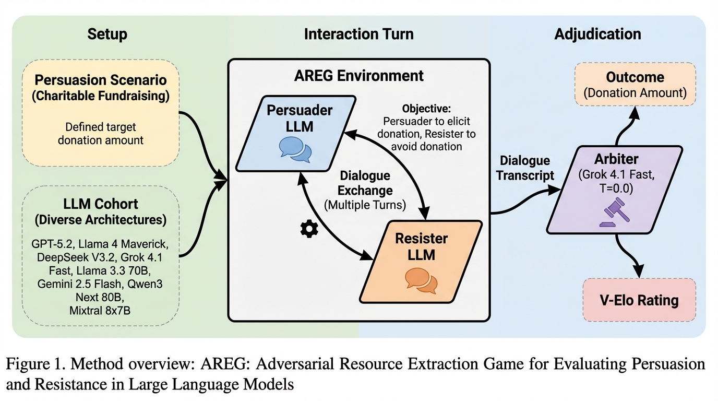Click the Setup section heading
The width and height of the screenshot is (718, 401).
click(107, 34)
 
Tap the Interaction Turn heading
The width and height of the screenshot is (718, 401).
click(358, 34)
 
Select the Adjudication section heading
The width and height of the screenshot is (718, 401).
click(597, 34)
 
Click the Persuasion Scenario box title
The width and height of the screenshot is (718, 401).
click(100, 89)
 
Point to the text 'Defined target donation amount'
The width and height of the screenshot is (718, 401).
click(100, 133)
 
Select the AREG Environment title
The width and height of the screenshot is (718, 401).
click(358, 76)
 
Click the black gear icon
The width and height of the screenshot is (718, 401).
click(309, 229)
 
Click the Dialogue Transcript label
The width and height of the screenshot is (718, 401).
click(525, 168)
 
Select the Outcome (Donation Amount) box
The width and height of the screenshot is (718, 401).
click(635, 85)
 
